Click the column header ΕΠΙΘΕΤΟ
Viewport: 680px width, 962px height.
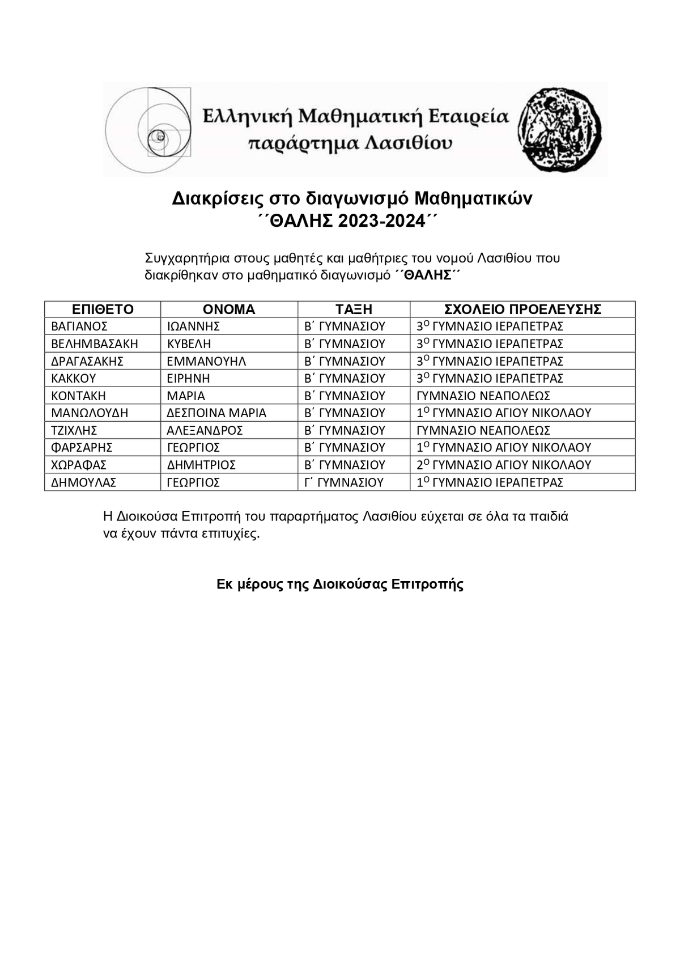pos(103,310)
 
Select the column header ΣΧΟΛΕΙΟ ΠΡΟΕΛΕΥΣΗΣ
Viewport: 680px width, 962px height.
pos(522,310)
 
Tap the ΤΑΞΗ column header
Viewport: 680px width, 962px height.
pos(354,310)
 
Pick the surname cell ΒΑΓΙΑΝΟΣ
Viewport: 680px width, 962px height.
pos(79,327)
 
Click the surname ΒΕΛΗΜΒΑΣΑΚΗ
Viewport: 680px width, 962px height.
pos(95,344)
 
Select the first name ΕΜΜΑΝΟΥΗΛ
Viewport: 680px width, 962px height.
pos(206,362)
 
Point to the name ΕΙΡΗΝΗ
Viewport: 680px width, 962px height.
pos(188,379)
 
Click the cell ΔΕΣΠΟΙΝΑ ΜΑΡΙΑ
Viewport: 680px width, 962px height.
pos(216,413)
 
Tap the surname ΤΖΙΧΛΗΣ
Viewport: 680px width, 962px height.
pos(74,431)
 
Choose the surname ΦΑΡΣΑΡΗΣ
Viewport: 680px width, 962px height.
pos(82,448)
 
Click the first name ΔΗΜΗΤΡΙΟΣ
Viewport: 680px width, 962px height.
pos(201,465)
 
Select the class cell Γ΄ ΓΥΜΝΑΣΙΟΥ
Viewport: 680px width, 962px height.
pos(344,483)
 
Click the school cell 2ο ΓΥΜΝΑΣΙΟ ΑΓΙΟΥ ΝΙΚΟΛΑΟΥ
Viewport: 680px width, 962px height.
pos(504,465)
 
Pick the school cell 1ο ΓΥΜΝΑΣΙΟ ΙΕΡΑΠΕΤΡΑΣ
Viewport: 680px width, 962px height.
pos(490,483)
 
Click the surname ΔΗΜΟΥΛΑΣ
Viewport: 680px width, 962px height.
pos(83,483)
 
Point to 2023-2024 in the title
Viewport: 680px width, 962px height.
pos(381,222)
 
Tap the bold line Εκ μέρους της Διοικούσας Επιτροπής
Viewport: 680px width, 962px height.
pos(340,584)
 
